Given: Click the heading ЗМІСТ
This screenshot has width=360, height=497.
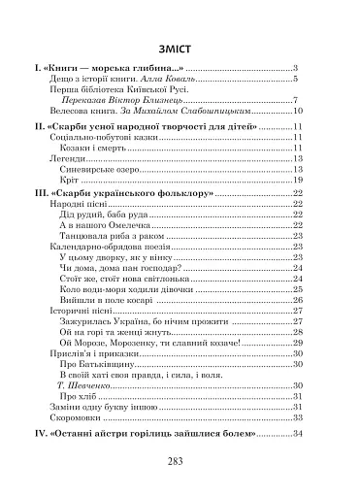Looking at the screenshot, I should pyautogui.click(x=180, y=48).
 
